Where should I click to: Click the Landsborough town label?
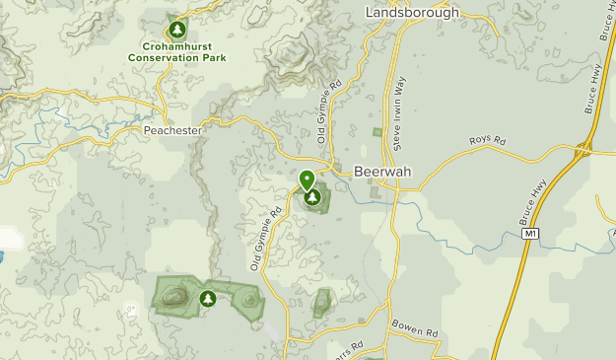412,13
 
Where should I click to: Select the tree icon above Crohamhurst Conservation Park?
177,30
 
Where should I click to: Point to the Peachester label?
171,130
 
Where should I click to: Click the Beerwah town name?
379,170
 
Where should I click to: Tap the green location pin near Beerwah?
308,180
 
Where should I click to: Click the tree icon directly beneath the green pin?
312,197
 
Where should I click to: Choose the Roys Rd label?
486,143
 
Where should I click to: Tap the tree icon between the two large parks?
208,297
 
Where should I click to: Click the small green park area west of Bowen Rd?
322,303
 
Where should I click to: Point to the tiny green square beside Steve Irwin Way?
376,131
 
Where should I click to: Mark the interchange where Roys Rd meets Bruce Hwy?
583,150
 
